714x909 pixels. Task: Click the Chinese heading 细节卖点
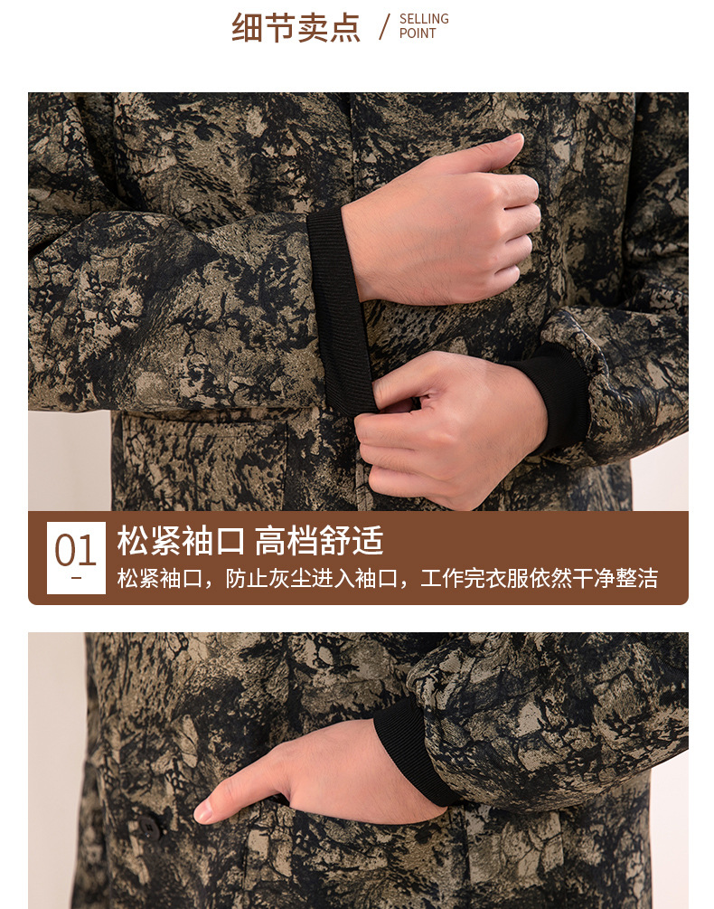point(296,27)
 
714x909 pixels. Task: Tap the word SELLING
point(424,19)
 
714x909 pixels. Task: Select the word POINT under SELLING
point(418,33)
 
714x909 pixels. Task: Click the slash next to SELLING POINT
point(384,26)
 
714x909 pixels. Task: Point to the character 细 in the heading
point(247,27)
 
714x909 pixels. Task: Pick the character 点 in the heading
point(344,27)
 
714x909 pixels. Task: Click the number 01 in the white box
point(75,551)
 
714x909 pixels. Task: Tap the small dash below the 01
point(76,577)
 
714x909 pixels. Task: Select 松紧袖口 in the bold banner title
point(181,542)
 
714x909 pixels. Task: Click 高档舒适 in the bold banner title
point(319,542)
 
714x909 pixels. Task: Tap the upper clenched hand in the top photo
point(443,222)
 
